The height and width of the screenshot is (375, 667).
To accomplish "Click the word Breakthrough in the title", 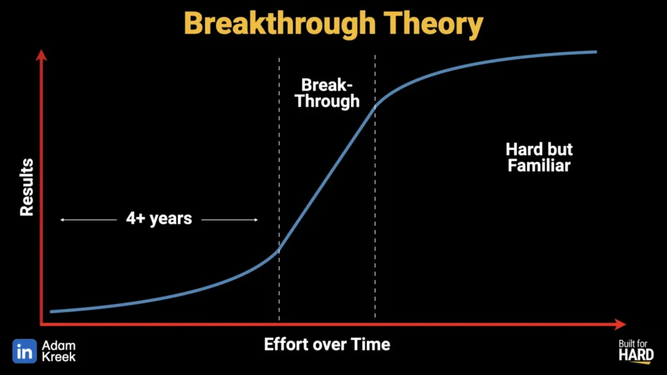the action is tap(280, 23).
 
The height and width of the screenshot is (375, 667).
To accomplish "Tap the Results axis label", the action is tap(27, 187).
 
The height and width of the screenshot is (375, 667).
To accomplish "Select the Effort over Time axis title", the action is tap(327, 344).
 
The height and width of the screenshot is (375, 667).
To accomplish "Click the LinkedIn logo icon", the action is tap(25, 351).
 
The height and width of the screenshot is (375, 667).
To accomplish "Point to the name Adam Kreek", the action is tap(59, 351).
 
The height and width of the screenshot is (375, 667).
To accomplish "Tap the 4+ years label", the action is tap(159, 218).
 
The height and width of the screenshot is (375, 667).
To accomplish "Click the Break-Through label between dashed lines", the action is tap(327, 93).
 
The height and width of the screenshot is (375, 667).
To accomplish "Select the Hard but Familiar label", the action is tap(539, 157).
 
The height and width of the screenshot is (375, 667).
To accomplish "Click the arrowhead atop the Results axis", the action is tap(41, 55).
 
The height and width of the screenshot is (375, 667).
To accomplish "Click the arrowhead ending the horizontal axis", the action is tap(620, 324).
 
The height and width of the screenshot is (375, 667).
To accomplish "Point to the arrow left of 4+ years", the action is tap(89, 220).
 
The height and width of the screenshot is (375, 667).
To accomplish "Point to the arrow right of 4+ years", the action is tap(230, 220).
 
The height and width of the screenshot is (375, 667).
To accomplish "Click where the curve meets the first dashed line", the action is tap(279, 250).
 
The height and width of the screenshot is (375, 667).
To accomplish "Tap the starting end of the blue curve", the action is tap(51, 312).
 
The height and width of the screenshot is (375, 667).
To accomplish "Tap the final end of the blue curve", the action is tap(596, 52).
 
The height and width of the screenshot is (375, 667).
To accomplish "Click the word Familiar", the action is tap(539, 166).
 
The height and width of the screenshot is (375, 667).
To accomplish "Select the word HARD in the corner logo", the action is tap(636, 355).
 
